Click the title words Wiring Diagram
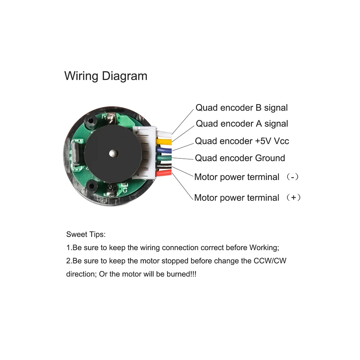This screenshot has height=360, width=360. click(x=105, y=76)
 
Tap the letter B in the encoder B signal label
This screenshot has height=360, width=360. click(x=258, y=108)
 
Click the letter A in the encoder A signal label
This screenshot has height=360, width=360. click(x=258, y=124)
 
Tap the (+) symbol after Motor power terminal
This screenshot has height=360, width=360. click(x=294, y=198)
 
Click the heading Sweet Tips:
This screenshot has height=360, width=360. click(x=86, y=235)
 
